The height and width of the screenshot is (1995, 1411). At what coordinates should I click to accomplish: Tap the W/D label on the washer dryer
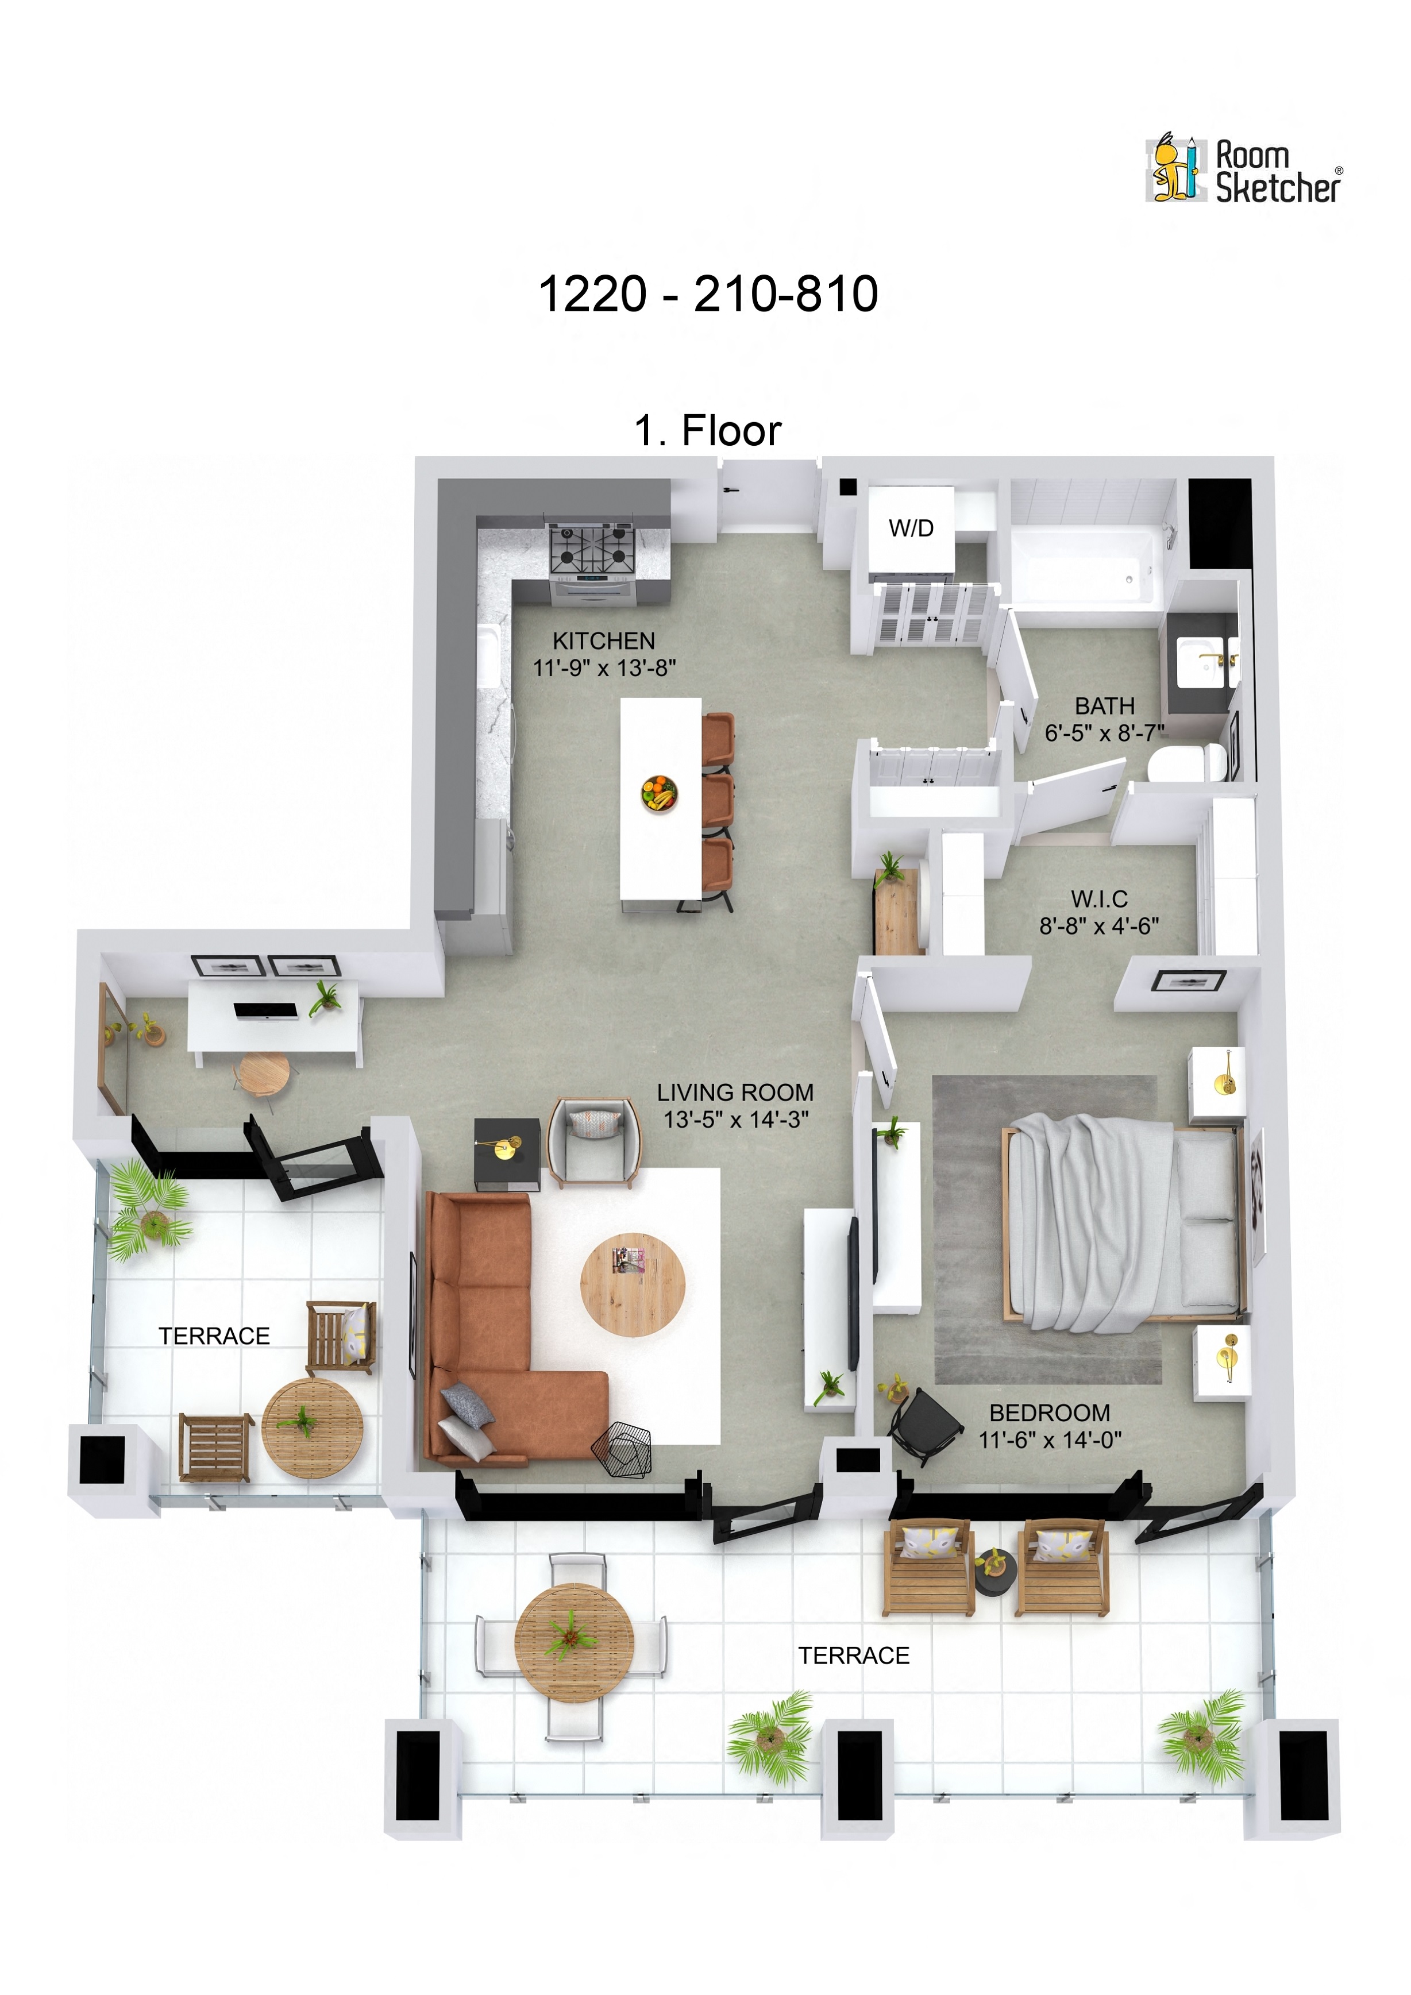(911, 528)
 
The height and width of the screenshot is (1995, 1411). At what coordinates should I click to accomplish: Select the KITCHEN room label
(604, 640)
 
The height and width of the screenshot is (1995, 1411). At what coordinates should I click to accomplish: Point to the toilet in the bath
(1186, 765)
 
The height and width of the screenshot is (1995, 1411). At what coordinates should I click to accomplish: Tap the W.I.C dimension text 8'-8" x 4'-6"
(1099, 926)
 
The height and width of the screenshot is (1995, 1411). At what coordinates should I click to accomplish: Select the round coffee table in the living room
(633, 1284)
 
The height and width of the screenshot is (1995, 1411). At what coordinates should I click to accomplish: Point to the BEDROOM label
(1050, 1413)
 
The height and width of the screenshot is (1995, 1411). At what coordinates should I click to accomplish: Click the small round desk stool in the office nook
(264, 1074)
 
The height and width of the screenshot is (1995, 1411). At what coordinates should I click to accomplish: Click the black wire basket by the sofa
(622, 1449)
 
